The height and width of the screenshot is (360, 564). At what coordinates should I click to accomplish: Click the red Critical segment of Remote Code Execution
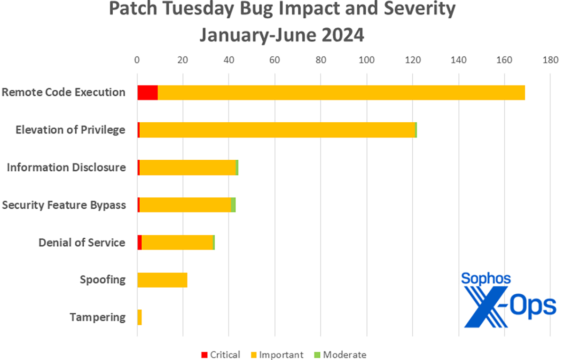[148, 93]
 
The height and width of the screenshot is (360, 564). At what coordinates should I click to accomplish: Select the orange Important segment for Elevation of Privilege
[277, 130]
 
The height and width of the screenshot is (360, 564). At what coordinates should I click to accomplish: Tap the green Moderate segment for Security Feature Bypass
[233, 205]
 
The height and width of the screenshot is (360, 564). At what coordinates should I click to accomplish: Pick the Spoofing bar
[162, 280]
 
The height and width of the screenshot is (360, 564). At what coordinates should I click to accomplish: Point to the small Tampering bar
[140, 318]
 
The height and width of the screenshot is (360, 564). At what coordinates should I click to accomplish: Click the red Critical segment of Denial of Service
[140, 243]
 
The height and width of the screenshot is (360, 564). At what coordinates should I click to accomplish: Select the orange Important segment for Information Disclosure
[188, 167]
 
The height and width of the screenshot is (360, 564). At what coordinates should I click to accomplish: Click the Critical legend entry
[220, 354]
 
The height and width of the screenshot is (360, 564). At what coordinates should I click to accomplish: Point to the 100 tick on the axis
[366, 60]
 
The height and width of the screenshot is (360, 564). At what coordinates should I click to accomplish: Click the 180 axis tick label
[550, 60]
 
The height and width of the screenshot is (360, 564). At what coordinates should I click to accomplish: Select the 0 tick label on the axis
[137, 60]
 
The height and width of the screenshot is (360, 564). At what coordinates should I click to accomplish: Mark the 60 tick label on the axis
[274, 60]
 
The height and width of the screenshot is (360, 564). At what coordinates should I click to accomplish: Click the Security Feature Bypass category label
[64, 205]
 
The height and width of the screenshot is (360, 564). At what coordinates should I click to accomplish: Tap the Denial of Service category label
[82, 243]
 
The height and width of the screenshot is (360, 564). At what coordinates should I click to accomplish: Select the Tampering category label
[98, 318]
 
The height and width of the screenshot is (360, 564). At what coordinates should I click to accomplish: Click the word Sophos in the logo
[486, 278]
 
